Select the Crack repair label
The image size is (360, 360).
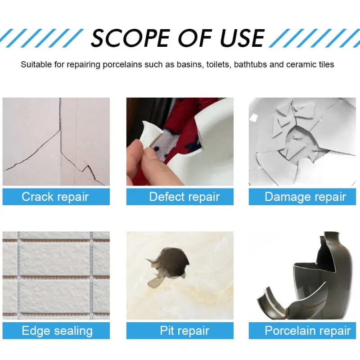coord(56,197)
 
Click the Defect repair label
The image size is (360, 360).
coord(184,197)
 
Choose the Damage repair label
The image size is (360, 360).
coord(305,197)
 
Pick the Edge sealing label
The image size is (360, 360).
coord(57,331)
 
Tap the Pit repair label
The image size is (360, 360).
coord(185,331)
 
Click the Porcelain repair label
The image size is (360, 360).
coord(307,331)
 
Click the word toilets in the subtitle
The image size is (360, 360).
coord(220,64)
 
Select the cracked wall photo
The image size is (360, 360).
coord(56,142)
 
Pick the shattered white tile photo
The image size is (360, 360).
coord(302,142)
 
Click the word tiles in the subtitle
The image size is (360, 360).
coord(324,64)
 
